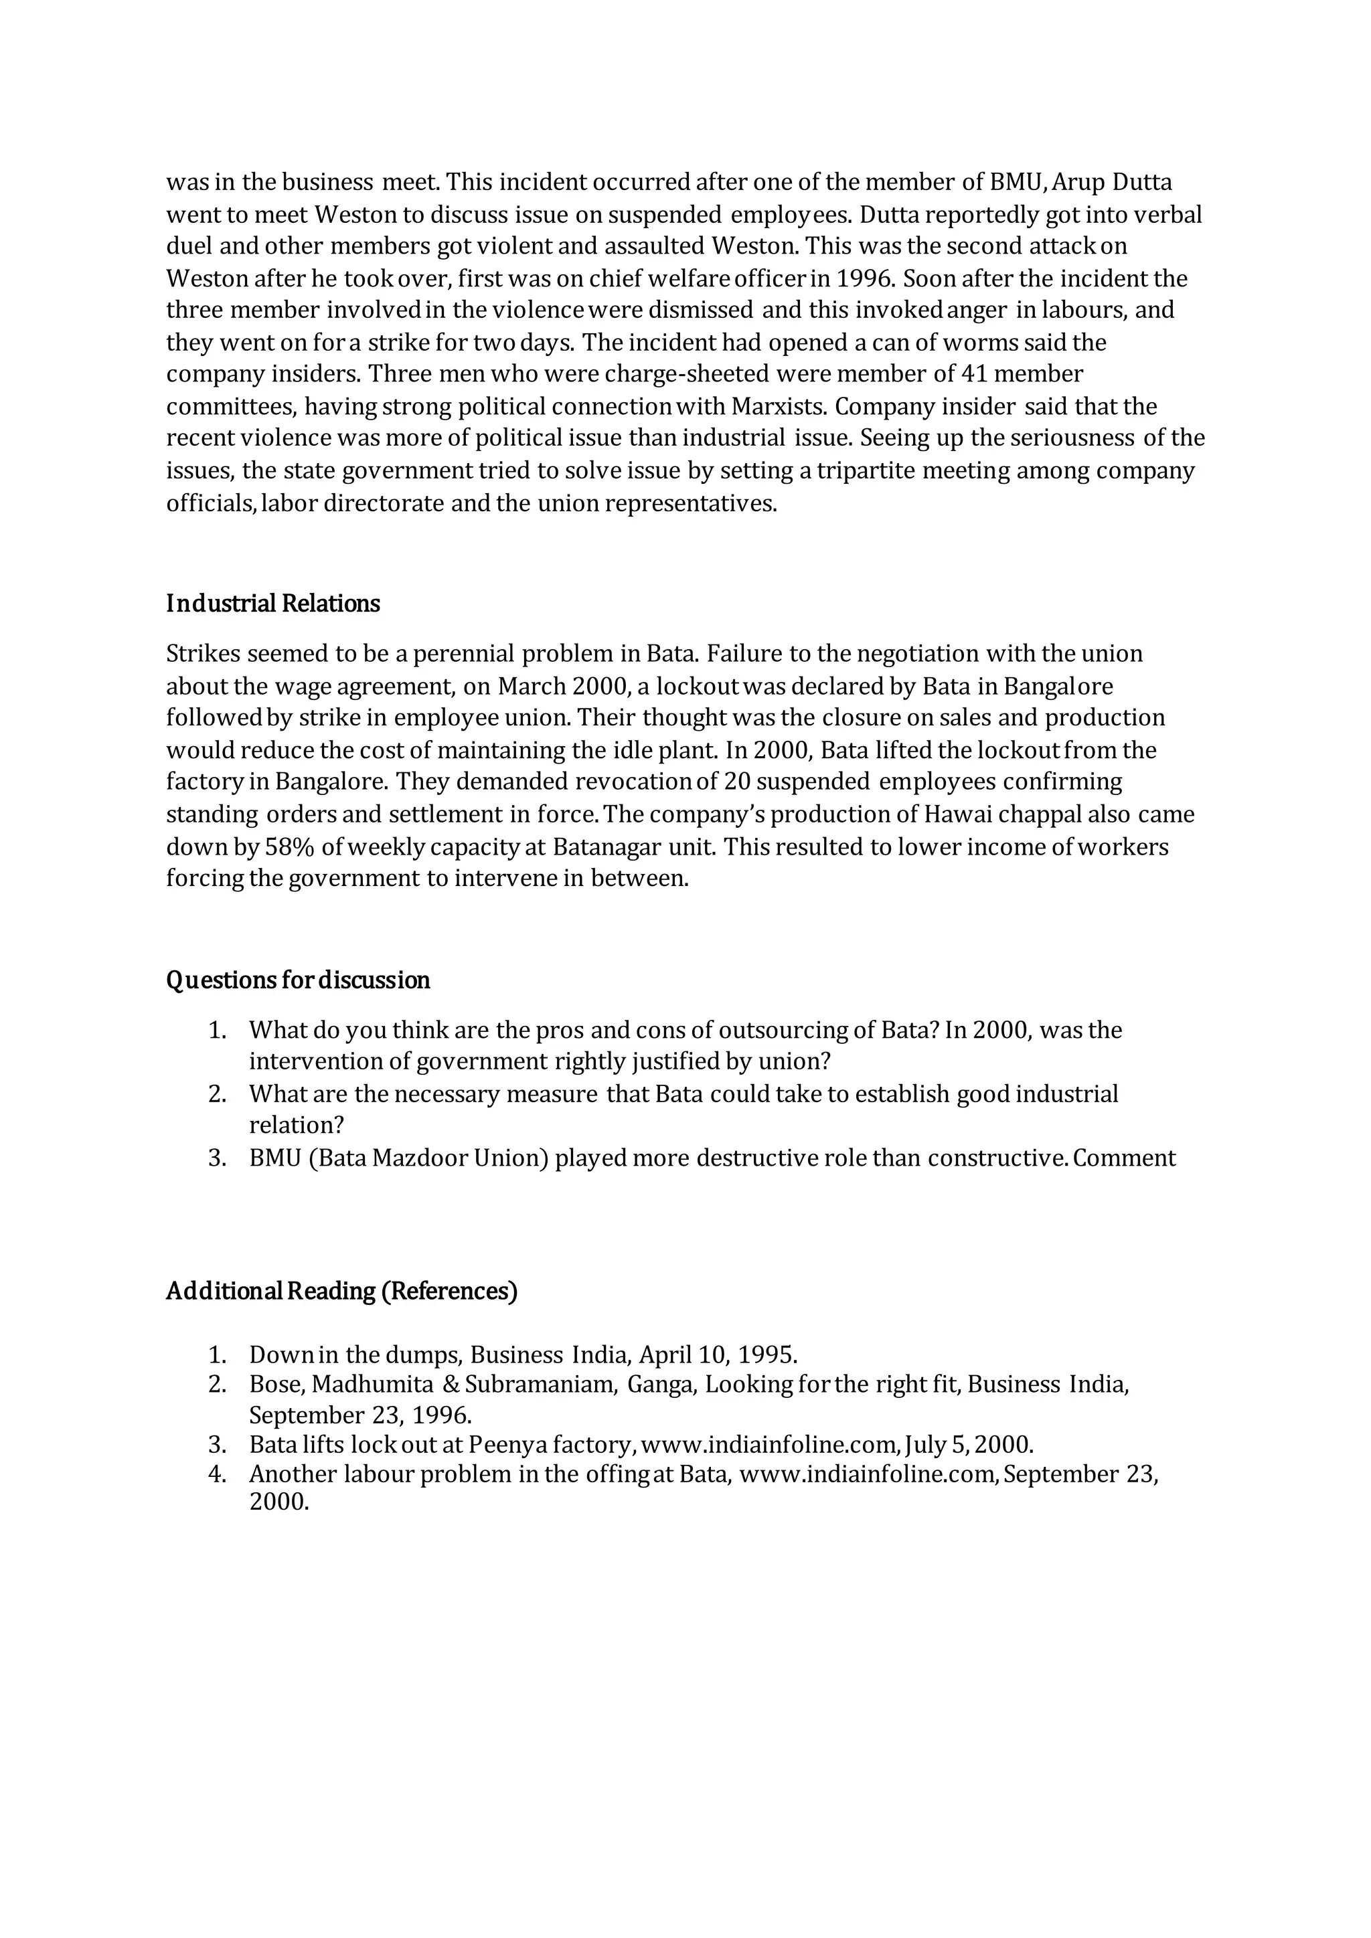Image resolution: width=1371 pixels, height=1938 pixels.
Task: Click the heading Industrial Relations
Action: tap(272, 604)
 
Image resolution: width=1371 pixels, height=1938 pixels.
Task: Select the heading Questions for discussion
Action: tap(298, 980)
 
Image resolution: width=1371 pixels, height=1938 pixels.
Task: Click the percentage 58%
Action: tap(291, 847)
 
